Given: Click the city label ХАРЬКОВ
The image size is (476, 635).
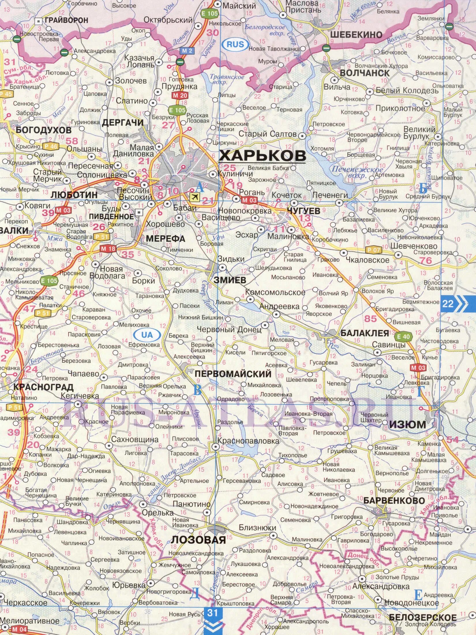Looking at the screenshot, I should (x=262, y=156).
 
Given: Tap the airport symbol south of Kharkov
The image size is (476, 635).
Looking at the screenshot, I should (x=195, y=197).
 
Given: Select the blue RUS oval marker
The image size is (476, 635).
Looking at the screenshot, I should (x=235, y=44).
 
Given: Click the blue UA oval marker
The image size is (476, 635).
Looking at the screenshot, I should (x=147, y=335).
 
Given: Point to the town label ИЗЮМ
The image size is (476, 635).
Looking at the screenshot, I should (x=408, y=425).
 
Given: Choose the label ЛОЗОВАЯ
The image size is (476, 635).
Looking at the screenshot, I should (x=198, y=540).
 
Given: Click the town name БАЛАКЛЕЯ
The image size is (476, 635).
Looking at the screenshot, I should (x=365, y=333).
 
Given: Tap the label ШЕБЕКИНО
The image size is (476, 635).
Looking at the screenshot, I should (x=356, y=35).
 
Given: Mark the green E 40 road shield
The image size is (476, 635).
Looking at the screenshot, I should (x=403, y=337).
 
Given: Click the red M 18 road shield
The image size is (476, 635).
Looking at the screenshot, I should (x=108, y=249).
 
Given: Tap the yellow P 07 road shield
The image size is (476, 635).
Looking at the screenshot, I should (x=373, y=250).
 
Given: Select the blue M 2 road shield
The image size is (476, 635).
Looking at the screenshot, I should (x=187, y=51).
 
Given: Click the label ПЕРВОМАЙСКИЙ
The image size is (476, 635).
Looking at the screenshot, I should (x=233, y=373).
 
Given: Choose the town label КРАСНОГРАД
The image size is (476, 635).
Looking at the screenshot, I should (x=43, y=387).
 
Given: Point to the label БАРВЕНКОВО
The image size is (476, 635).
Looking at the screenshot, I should (x=394, y=501).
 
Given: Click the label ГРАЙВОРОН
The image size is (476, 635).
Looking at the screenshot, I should (x=66, y=20).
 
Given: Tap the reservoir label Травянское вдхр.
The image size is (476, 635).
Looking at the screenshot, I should (x=227, y=79).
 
